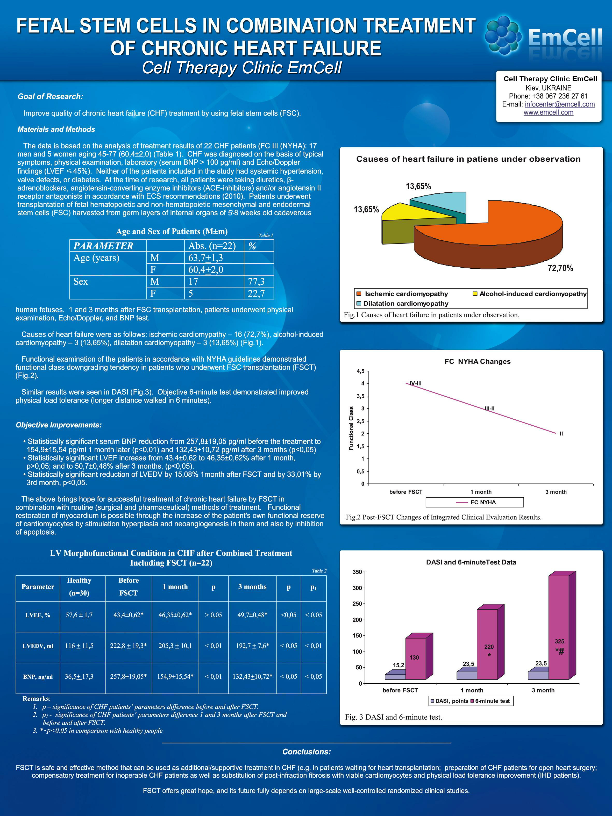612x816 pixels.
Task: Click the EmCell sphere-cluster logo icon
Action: [503, 35]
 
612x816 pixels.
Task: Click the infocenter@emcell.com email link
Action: [560, 104]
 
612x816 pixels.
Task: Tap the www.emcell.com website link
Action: [548, 112]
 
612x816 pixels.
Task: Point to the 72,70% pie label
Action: [560, 268]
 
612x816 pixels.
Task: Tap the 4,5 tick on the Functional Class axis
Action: [360, 371]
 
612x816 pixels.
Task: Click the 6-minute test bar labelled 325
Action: [559, 627]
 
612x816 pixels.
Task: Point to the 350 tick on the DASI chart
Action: [357, 572]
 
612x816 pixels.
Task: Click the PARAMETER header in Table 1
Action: [103, 246]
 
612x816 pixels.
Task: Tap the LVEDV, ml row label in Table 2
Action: [38, 646]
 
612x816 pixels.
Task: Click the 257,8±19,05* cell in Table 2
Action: [128, 677]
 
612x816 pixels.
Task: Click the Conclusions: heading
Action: [306, 752]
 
